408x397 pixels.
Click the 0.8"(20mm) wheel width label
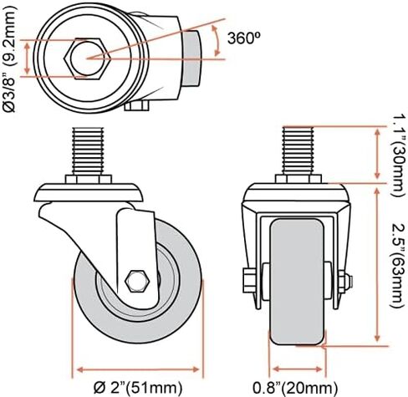(x=296, y=385)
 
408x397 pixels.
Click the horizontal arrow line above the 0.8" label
(x=296, y=368)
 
